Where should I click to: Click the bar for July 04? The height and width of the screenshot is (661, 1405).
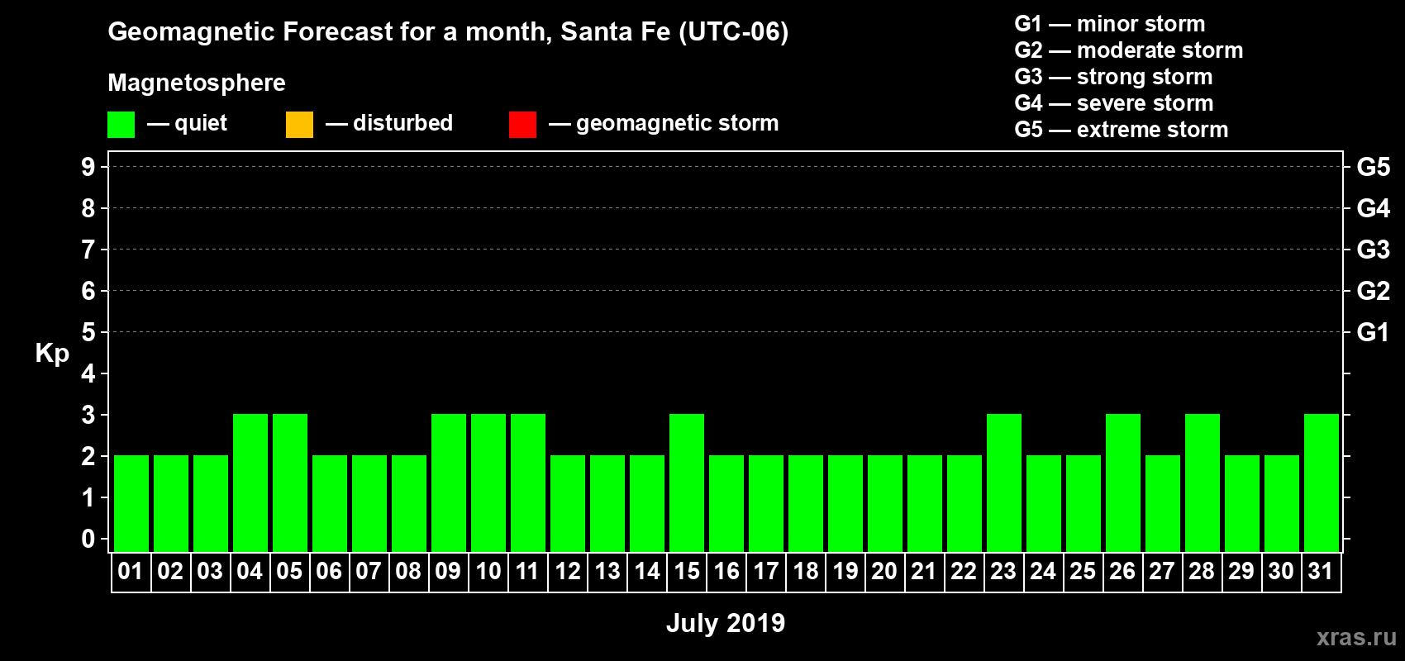[250, 483]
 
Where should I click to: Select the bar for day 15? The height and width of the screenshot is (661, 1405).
[687, 483]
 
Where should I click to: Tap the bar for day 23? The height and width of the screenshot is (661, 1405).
[1004, 483]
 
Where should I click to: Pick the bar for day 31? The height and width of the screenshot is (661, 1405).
[1322, 483]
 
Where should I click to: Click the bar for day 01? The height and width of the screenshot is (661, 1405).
[131, 503]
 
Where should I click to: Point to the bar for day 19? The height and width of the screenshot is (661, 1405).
[845, 503]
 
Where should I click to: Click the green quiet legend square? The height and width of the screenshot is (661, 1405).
[121, 125]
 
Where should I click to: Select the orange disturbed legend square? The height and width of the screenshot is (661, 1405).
[299, 125]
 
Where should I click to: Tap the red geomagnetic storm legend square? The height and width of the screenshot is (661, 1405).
[522, 125]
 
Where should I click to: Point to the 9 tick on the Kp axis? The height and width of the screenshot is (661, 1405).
[88, 167]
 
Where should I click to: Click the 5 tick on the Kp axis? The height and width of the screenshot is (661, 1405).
[88, 332]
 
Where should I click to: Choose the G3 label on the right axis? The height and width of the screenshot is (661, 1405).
[1373, 250]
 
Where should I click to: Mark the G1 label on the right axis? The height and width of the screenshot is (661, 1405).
[1373, 332]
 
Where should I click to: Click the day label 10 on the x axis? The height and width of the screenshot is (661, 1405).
[488, 571]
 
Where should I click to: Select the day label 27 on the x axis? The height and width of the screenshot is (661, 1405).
[1162, 571]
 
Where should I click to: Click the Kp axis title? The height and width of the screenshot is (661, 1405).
[52, 354]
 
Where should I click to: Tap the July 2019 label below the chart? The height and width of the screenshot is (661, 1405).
[726, 623]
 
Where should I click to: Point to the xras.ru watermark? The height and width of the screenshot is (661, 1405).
[1356, 637]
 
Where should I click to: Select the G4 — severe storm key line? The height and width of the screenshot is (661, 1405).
[1113, 103]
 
